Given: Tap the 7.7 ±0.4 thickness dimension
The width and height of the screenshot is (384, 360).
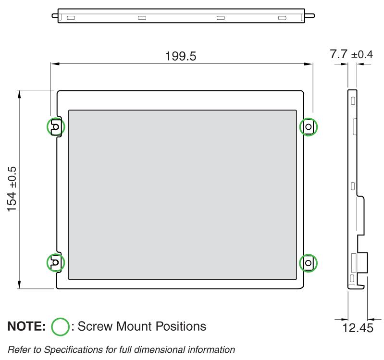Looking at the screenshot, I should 351,55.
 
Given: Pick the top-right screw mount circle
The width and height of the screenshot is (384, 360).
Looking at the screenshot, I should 309,127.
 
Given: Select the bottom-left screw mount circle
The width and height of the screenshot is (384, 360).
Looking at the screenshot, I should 55,262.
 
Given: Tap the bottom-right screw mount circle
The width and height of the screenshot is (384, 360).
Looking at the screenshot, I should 309,263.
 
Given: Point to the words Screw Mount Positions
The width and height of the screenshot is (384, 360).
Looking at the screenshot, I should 142,327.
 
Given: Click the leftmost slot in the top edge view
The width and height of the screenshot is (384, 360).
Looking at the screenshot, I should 71,18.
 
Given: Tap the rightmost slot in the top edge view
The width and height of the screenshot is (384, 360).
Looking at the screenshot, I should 282,18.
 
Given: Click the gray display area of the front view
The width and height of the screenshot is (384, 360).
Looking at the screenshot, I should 182,194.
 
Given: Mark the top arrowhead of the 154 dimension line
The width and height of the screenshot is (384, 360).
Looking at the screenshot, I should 19,93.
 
